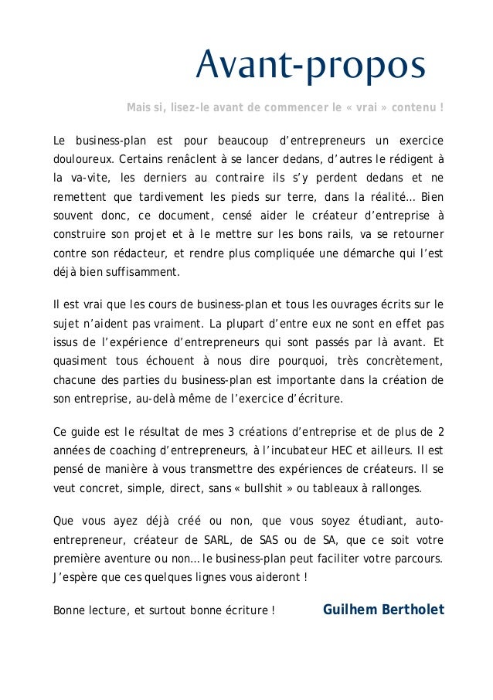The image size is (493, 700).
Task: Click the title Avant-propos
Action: [311, 66]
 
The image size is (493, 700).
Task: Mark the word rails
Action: [305, 233]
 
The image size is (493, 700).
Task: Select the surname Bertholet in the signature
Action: [413, 610]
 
